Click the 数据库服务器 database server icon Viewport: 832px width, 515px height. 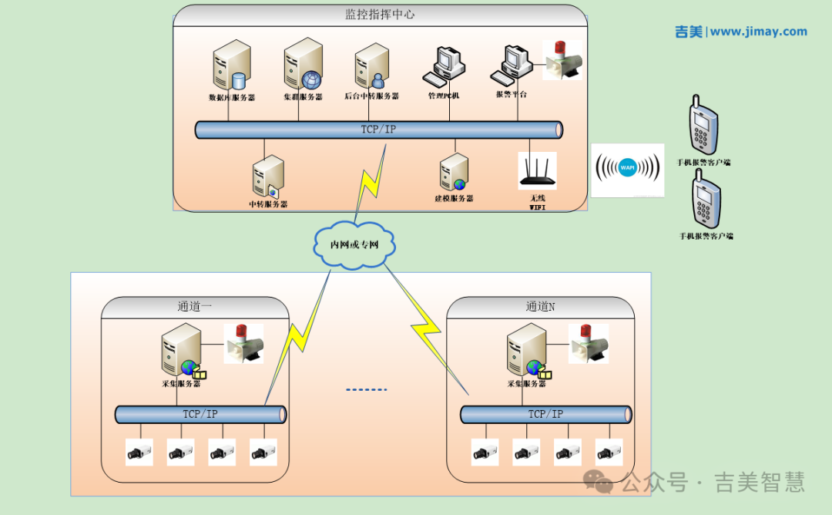pyautogui.click(x=231, y=66)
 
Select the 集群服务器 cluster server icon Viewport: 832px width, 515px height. pyautogui.click(x=303, y=65)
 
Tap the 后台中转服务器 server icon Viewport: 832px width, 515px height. pyautogui.click(x=371, y=68)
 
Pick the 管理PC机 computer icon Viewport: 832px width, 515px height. pyautogui.click(x=444, y=66)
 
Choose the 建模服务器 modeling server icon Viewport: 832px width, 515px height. pyautogui.click(x=454, y=173)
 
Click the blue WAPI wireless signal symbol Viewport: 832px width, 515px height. pyautogui.click(x=628, y=168)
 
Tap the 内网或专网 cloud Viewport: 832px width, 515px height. pyautogui.click(x=355, y=244)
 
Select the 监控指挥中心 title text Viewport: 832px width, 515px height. pyautogui.click(x=380, y=15)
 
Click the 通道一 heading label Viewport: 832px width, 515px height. pyautogui.click(x=195, y=306)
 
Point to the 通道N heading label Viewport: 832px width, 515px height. pyautogui.click(x=540, y=306)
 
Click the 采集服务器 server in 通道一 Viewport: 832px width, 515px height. pyautogui.click(x=182, y=351)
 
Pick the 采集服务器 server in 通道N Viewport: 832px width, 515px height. pyautogui.click(x=527, y=351)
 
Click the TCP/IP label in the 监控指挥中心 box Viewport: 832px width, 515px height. pyautogui.click(x=378, y=130)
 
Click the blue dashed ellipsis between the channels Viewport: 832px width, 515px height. pyautogui.click(x=367, y=389)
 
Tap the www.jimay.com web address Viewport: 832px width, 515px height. pyautogui.click(x=758, y=32)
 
